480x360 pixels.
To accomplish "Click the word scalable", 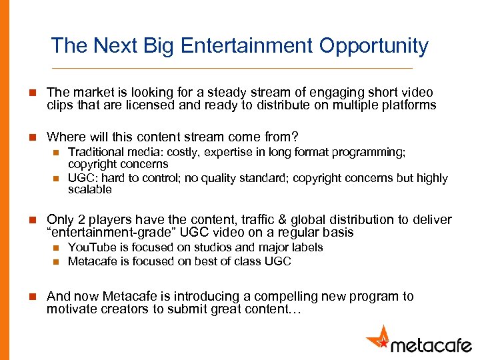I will click(x=90, y=190).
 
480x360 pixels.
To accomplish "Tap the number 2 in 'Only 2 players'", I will click(x=78, y=220).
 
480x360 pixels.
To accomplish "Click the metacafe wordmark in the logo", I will click(x=431, y=343).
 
